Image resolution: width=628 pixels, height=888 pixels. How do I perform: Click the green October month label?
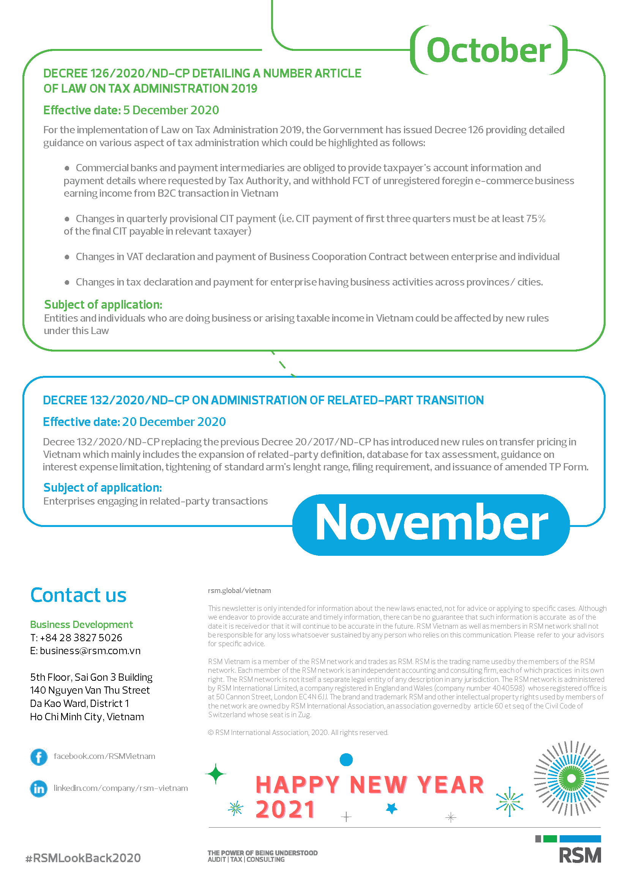coord(488,50)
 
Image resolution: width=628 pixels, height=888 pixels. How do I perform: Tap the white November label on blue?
coord(431,523)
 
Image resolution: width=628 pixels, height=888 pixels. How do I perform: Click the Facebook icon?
coord(39,757)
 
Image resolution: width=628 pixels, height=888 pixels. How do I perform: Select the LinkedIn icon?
coord(39,789)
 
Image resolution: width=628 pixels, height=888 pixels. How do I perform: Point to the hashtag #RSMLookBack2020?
coord(83,858)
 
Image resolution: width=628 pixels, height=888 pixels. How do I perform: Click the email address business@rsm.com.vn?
coord(90,651)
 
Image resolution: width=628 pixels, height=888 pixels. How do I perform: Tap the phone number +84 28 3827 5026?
coord(81,637)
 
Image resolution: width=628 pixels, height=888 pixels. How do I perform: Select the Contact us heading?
coord(79,595)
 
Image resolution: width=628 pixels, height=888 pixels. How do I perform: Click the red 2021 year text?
coord(285,809)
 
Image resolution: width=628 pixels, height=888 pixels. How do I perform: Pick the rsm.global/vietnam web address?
coord(239,591)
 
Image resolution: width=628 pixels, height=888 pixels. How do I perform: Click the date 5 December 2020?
coord(171,110)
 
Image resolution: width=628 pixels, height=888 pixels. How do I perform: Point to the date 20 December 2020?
coord(174,421)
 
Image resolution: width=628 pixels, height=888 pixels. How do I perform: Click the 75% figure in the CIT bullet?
coord(536,219)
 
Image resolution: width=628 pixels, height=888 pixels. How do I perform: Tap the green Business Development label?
coord(81,624)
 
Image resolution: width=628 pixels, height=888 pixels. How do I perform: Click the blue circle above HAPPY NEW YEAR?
coord(346,760)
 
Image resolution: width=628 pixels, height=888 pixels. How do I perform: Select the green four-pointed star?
coord(216,774)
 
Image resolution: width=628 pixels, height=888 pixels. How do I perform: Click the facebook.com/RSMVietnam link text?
coord(104,756)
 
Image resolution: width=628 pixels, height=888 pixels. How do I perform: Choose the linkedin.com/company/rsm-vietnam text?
coord(121,788)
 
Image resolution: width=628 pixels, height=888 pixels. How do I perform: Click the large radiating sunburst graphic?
coord(571,778)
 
